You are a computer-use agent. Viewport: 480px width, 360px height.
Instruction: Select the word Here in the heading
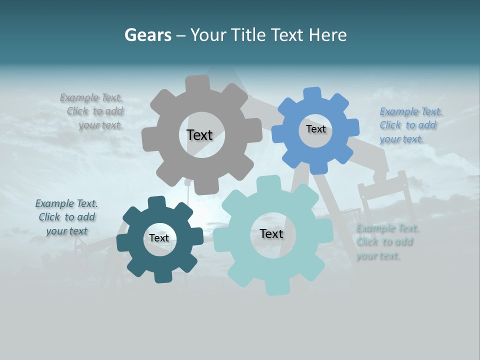327,35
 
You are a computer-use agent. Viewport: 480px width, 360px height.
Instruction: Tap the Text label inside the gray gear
199,135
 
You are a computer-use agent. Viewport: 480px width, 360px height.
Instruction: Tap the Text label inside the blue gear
315,129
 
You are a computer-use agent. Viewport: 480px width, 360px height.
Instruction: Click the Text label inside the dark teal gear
159,238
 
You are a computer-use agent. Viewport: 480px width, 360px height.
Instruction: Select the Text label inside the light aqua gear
271,233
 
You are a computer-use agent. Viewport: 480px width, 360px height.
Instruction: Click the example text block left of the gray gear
95,111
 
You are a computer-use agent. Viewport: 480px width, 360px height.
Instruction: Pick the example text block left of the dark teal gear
66,217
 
